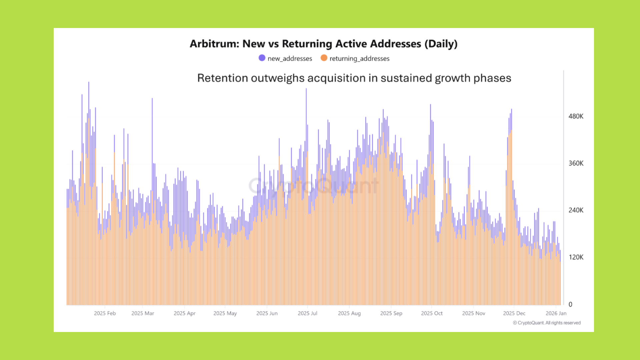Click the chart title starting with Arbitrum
(x=323, y=44)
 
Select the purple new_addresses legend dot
(x=262, y=58)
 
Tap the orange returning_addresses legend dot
(x=324, y=58)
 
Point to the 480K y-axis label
(x=576, y=116)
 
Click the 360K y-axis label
(x=576, y=163)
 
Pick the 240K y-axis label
(x=576, y=210)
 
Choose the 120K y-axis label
(x=576, y=257)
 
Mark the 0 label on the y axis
(x=570, y=304)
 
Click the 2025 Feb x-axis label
(x=105, y=313)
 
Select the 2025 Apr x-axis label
(x=184, y=313)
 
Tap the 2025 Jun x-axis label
(x=267, y=313)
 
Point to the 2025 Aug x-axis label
(x=349, y=313)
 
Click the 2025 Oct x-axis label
(x=432, y=313)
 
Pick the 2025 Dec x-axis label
(x=514, y=313)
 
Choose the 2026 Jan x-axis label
(x=556, y=313)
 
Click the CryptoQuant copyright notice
(x=547, y=323)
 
